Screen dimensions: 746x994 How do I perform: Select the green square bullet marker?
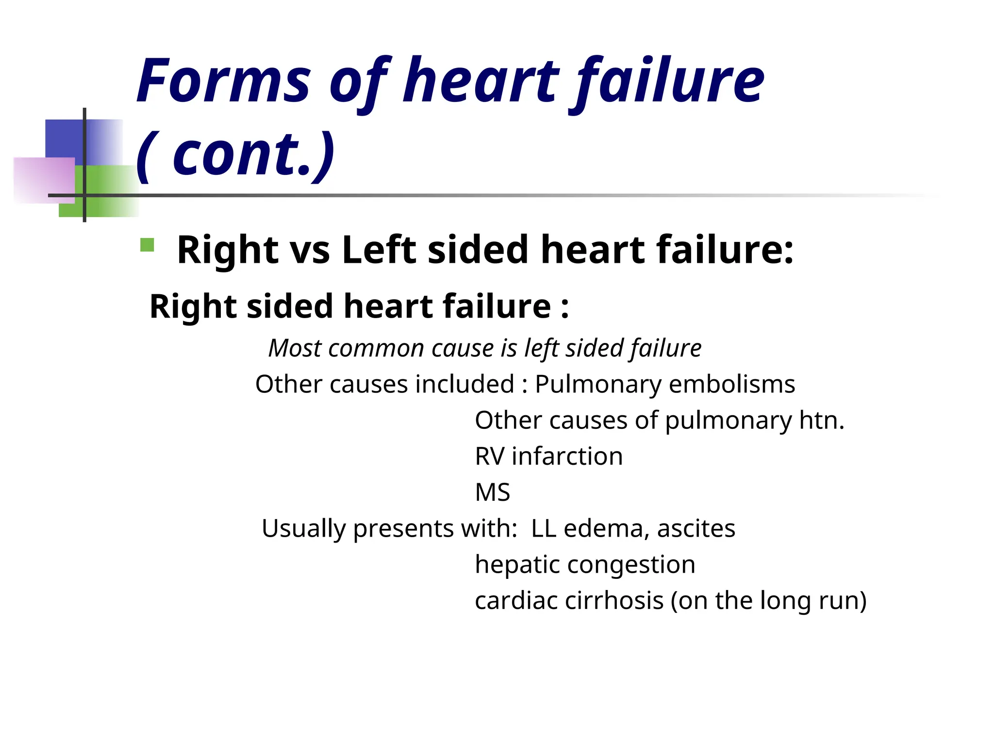coord(147,245)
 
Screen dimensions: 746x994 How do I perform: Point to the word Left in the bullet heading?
coord(379,250)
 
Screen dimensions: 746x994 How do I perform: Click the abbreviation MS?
coord(492,492)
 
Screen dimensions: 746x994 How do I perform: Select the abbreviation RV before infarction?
coord(489,457)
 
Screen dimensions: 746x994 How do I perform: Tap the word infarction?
coord(567,457)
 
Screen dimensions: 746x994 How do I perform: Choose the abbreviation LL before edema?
coord(544,528)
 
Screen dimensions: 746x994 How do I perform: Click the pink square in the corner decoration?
coord(44,180)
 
